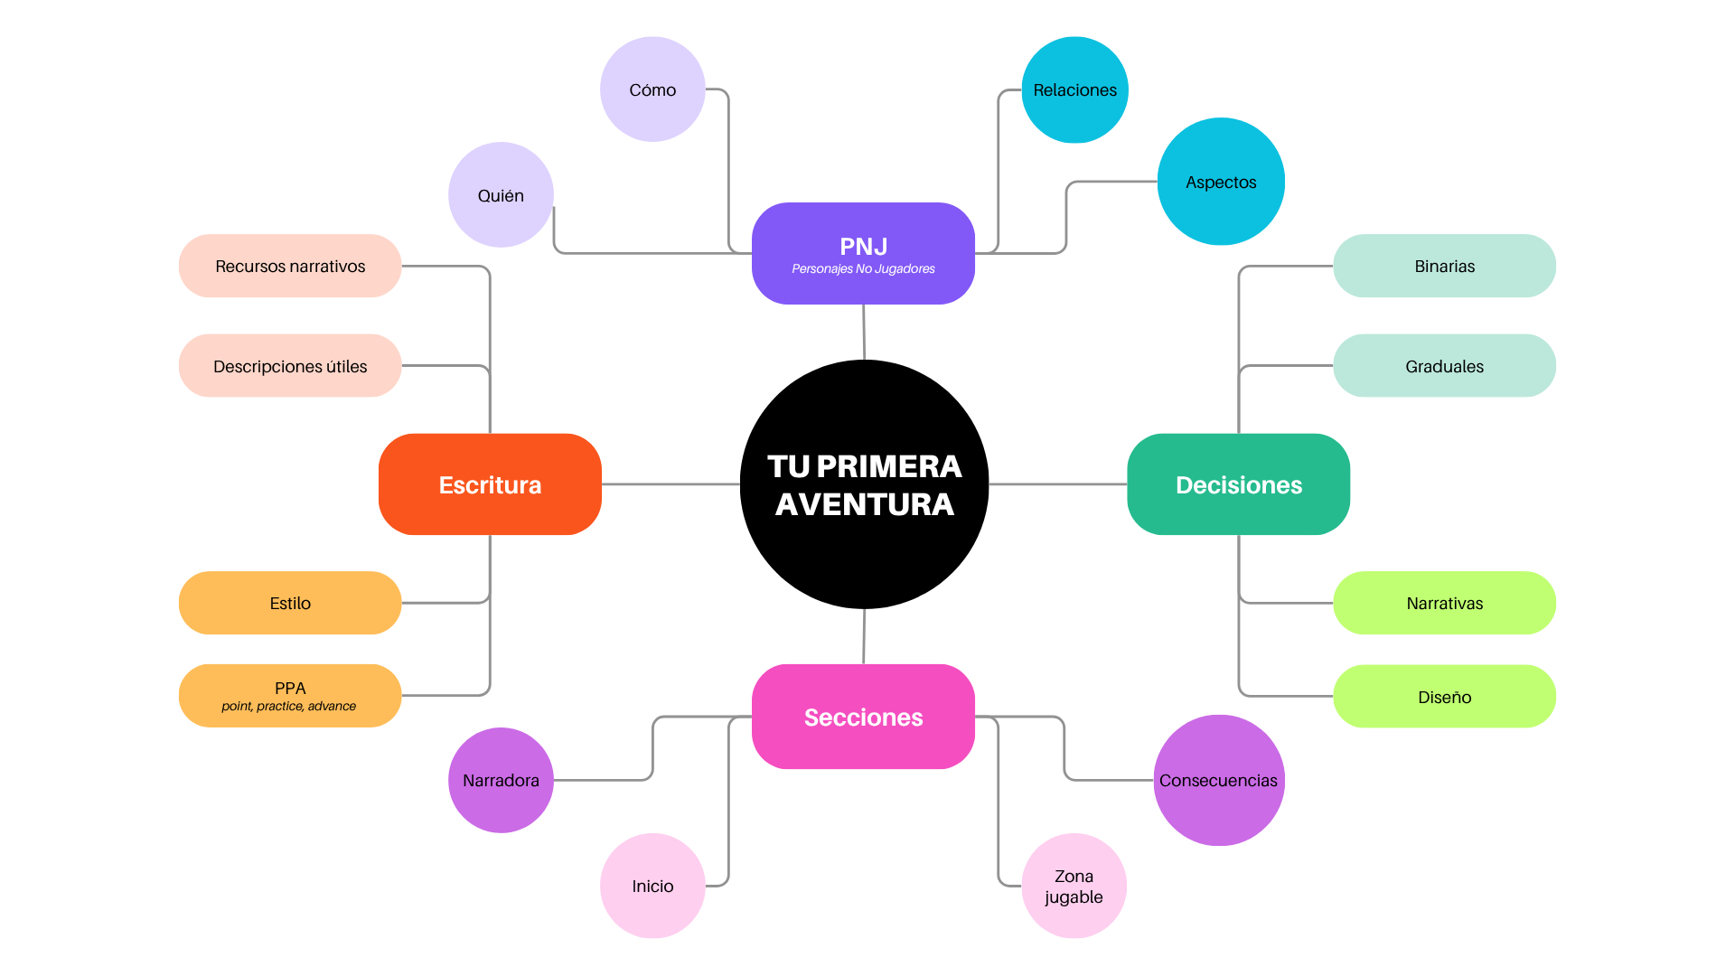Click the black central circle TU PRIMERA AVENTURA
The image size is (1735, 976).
pyautogui.click(x=864, y=484)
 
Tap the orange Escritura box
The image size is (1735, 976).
pyautogui.click(x=490, y=484)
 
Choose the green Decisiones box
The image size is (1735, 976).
pyautogui.click(x=1238, y=484)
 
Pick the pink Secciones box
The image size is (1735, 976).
pyautogui.click(x=863, y=717)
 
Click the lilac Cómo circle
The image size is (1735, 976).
pyautogui.click(x=652, y=89)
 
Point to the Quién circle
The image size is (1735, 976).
pyautogui.click(x=501, y=195)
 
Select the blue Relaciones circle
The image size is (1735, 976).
pyautogui.click(x=1074, y=89)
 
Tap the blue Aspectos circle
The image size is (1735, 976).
pyautogui.click(x=1221, y=182)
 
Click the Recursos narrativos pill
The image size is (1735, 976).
pyautogui.click(x=290, y=266)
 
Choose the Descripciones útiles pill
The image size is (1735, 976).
pyautogui.click(x=290, y=366)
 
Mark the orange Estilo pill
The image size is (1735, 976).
pyautogui.click(x=290, y=603)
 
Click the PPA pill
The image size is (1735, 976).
pyautogui.click(x=290, y=695)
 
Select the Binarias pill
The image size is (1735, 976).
pyautogui.click(x=1444, y=266)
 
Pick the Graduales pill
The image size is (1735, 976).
pyautogui.click(x=1444, y=366)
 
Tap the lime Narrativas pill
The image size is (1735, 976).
pyautogui.click(x=1444, y=603)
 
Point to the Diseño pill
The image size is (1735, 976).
pyautogui.click(x=1444, y=697)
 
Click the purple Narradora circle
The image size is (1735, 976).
pyautogui.click(x=501, y=780)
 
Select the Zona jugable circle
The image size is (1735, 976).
pyautogui.click(x=1074, y=886)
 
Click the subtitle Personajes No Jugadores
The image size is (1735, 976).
pyautogui.click(x=863, y=269)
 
